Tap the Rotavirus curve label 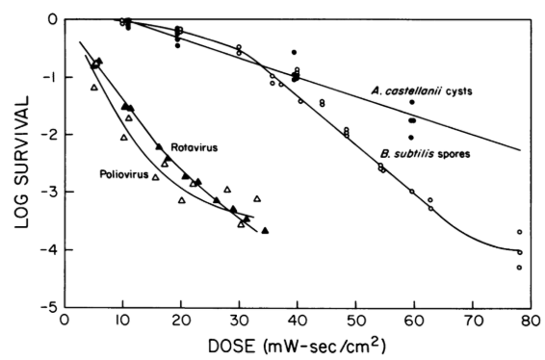click(190, 147)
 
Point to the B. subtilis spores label click(421, 151)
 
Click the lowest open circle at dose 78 click(519, 268)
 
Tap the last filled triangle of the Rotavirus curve click(265, 231)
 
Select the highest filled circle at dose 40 click(294, 52)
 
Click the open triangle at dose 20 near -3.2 click(181, 200)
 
